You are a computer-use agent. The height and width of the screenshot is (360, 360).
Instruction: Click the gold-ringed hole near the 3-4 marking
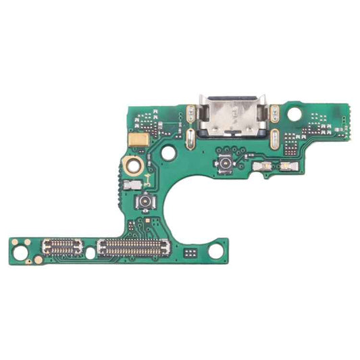pos(130,163)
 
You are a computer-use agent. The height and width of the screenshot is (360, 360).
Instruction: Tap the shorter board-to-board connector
pos(61,248)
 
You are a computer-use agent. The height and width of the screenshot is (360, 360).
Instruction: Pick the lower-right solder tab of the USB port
pos(275,138)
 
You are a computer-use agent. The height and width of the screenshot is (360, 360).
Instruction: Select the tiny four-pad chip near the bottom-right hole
pos(190,252)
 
